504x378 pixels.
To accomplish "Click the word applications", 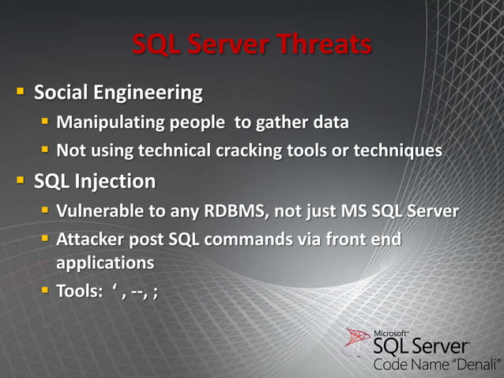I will (x=104, y=262).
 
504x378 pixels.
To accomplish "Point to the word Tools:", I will (x=79, y=291).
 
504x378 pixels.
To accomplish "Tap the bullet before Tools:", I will (x=46, y=291).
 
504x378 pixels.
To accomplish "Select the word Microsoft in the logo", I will (x=390, y=332).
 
